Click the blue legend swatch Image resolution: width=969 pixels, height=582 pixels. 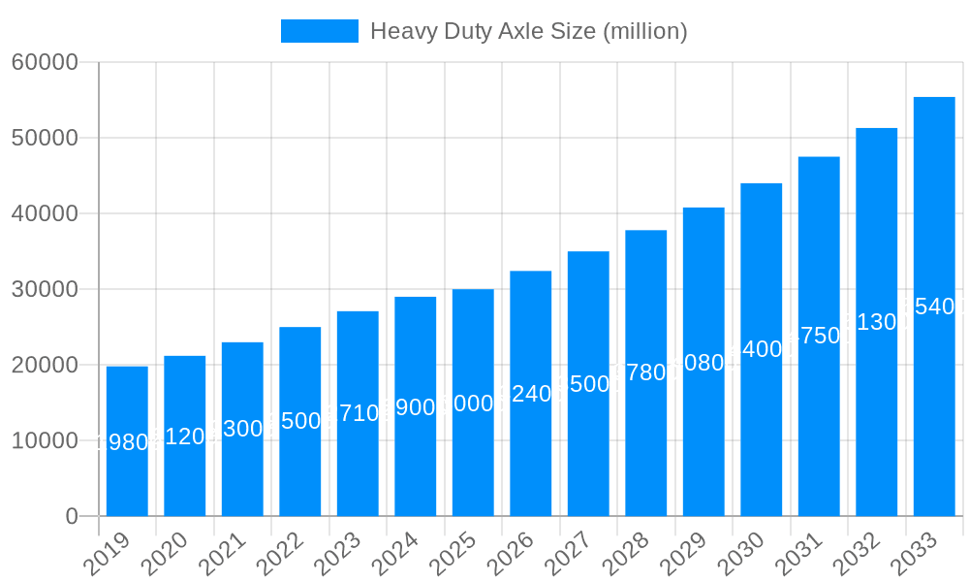pos(319,31)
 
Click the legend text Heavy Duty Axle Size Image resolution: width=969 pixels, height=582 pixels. pos(528,31)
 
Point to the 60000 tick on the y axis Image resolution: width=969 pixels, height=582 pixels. pos(45,63)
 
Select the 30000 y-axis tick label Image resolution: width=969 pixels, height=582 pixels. pos(45,289)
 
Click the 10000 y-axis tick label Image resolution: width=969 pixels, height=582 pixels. pos(45,441)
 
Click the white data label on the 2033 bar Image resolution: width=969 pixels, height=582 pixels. pos(934,307)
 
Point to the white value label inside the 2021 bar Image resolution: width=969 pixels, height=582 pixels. pos(242,429)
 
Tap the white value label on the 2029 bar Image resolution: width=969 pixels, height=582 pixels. pos(703,363)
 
